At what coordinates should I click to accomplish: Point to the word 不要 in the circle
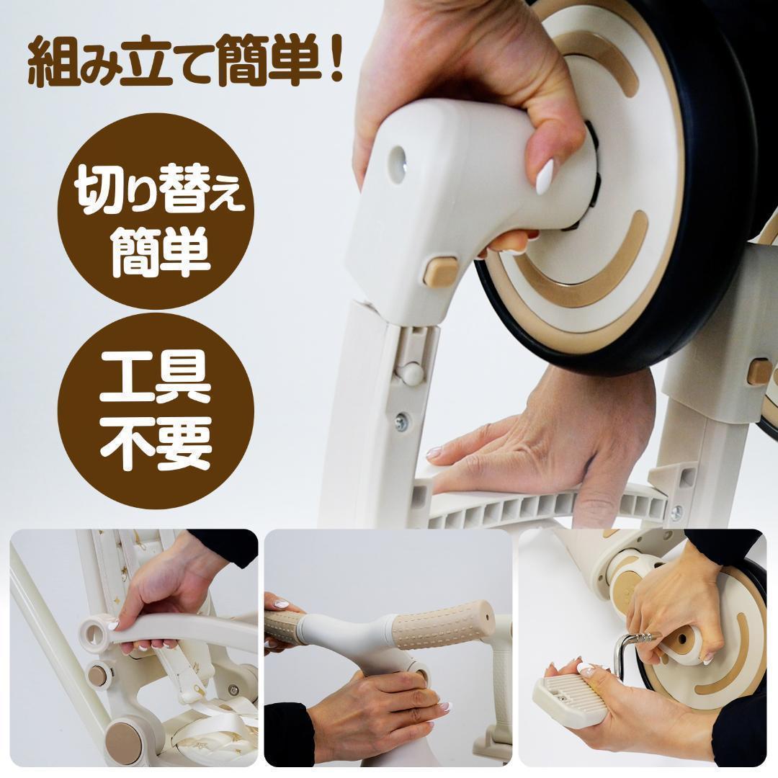155,441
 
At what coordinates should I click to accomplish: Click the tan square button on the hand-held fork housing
440,272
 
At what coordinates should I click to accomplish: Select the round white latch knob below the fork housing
411,374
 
